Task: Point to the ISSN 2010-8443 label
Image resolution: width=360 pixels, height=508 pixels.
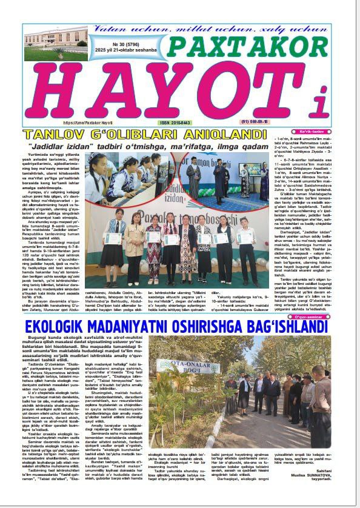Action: point(176,122)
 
